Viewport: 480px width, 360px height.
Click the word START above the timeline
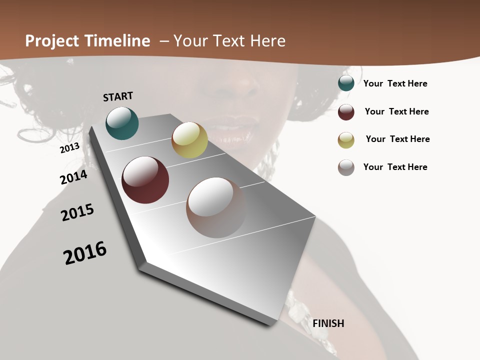click(x=118, y=96)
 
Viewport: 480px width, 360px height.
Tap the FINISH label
click(x=328, y=323)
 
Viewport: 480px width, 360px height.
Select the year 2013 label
click(x=70, y=147)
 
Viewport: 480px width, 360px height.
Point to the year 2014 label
click(x=73, y=177)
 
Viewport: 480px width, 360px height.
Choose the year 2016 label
click(x=85, y=253)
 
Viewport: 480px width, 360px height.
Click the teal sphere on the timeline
click(x=122, y=123)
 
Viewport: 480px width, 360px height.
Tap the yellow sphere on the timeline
click(x=189, y=140)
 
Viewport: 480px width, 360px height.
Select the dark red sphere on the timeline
click(x=145, y=180)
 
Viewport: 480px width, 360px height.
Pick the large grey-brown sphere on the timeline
click(x=216, y=207)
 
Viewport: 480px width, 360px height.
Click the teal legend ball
click(x=346, y=83)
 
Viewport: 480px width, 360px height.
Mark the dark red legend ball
click(x=346, y=112)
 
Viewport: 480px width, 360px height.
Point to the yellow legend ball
click(x=346, y=140)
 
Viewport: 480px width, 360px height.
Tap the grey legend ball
click(x=346, y=167)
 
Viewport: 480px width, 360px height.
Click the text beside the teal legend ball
click(x=395, y=84)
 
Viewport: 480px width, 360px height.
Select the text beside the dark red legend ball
click(x=396, y=111)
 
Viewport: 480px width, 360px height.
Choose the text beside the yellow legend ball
click(x=397, y=139)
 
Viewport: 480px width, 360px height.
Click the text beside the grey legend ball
click(x=395, y=167)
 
